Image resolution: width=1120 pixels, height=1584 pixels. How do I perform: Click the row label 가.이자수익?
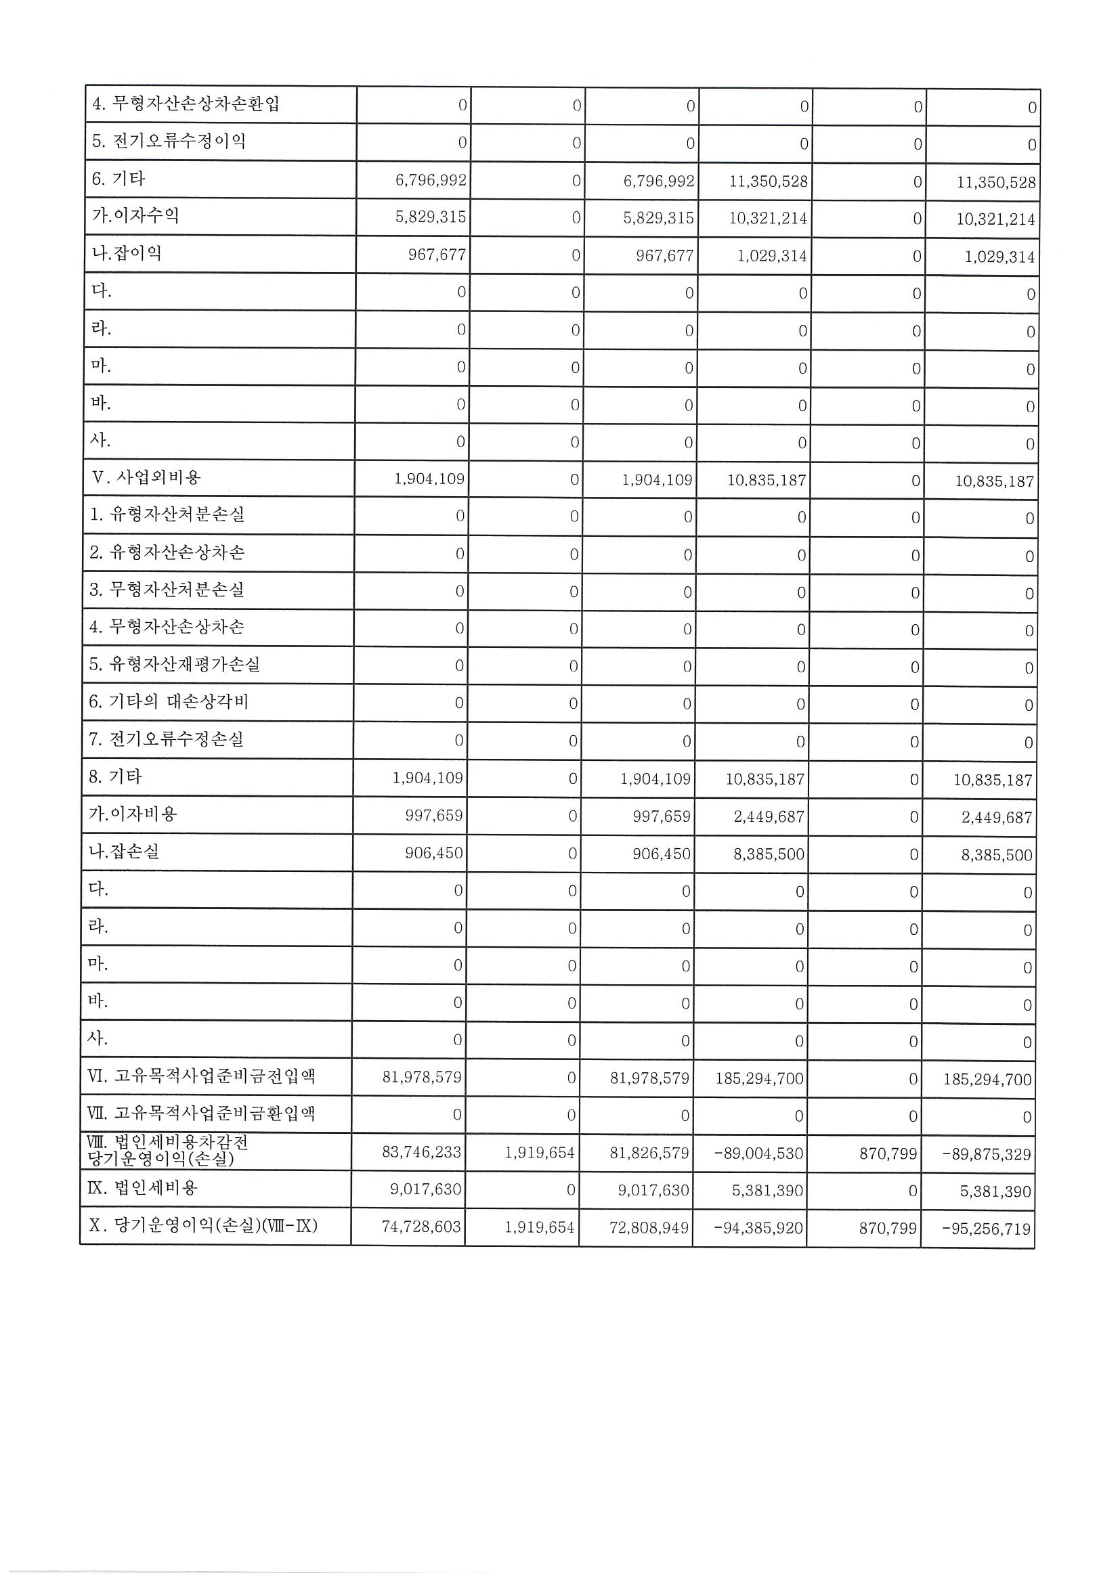tap(135, 216)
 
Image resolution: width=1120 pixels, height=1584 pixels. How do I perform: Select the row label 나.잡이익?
tap(127, 253)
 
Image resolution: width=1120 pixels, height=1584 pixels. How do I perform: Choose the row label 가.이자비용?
tap(133, 814)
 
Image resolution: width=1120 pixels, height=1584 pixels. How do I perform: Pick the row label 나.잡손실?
tap(124, 852)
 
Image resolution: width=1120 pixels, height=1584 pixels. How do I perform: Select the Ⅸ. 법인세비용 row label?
tap(143, 1188)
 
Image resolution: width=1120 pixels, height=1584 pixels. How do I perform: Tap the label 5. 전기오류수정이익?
tap(169, 141)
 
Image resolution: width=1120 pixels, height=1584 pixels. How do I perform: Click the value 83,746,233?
tap(422, 1152)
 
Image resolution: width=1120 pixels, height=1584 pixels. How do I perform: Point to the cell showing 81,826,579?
tap(649, 1153)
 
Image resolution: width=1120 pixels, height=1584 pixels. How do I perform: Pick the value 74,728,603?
tap(421, 1227)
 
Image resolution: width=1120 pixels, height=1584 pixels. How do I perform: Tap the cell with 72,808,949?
tap(649, 1227)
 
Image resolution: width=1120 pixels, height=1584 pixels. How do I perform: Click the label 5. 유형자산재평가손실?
tap(174, 664)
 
